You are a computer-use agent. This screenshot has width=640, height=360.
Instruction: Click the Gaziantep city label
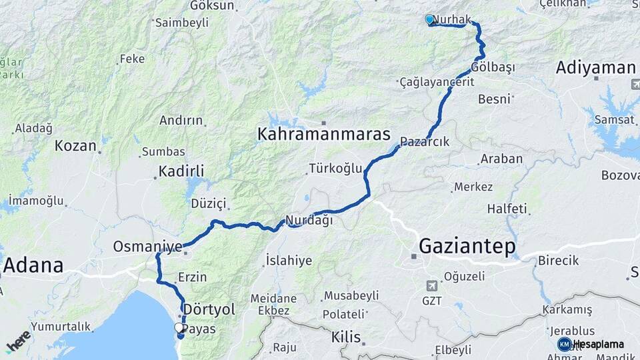[x=467, y=247]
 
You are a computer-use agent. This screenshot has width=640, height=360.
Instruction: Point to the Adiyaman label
[x=595, y=67]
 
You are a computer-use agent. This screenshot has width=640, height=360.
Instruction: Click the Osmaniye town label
[x=147, y=247]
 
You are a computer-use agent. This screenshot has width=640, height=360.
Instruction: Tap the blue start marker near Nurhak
[x=430, y=20]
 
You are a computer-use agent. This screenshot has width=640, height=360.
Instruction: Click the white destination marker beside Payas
[x=179, y=327]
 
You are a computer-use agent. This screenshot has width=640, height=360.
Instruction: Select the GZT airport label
[x=431, y=301]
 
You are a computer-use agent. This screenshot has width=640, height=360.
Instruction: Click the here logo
[x=19, y=341]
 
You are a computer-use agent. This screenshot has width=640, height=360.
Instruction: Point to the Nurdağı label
[x=309, y=220]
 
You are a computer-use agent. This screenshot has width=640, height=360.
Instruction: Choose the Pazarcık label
[x=425, y=142]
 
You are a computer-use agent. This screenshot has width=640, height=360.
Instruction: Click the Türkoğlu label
[x=335, y=168]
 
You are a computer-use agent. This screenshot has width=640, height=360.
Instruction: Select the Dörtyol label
[x=209, y=309]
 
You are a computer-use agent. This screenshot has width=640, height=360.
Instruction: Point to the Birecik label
[x=558, y=260]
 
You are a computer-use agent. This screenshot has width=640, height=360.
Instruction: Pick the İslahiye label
[x=289, y=260]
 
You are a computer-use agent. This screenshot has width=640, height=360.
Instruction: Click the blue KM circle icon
[x=564, y=344]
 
